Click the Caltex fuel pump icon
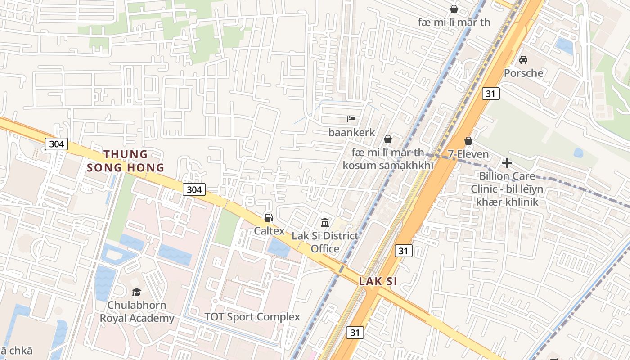point(269,218)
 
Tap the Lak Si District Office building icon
point(325,222)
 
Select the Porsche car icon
point(523,59)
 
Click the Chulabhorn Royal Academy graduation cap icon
point(136,292)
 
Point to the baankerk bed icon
point(351,119)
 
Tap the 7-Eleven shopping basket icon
point(468,141)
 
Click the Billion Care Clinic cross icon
point(507,162)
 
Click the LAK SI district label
point(378,282)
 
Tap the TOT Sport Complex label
point(252,317)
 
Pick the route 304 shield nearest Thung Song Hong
point(56,144)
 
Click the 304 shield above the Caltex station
point(194,189)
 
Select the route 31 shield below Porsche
point(490,94)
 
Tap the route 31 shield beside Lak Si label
point(403,251)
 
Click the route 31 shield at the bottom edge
point(355,333)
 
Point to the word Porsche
point(523,73)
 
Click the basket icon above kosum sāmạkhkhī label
point(387,139)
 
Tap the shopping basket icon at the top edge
point(454,9)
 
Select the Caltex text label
point(269,231)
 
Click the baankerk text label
point(351,133)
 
